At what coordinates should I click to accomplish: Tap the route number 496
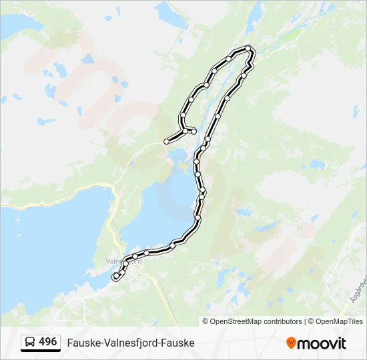pyautogui.click(x=47, y=341)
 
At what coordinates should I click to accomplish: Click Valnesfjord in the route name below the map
pyautogui.click(x=131, y=343)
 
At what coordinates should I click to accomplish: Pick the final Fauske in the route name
pyautogui.click(x=178, y=343)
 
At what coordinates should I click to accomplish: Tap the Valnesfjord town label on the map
pyautogui.click(x=124, y=261)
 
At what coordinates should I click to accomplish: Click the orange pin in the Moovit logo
pyautogui.click(x=291, y=343)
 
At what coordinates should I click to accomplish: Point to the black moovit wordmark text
pyautogui.click(x=322, y=343)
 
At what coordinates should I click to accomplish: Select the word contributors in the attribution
pyautogui.click(x=283, y=321)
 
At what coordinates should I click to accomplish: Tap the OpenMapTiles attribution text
pyautogui.click(x=340, y=321)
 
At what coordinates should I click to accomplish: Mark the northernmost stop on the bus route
pyautogui.click(x=248, y=47)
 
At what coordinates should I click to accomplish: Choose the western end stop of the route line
pyautogui.click(x=166, y=141)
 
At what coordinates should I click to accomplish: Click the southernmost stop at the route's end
pyautogui.click(x=116, y=275)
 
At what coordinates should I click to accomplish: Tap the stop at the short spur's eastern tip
pyautogui.click(x=194, y=131)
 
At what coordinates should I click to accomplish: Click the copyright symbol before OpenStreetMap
pyautogui.click(x=206, y=321)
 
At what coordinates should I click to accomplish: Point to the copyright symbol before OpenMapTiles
pyautogui.click(x=312, y=321)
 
